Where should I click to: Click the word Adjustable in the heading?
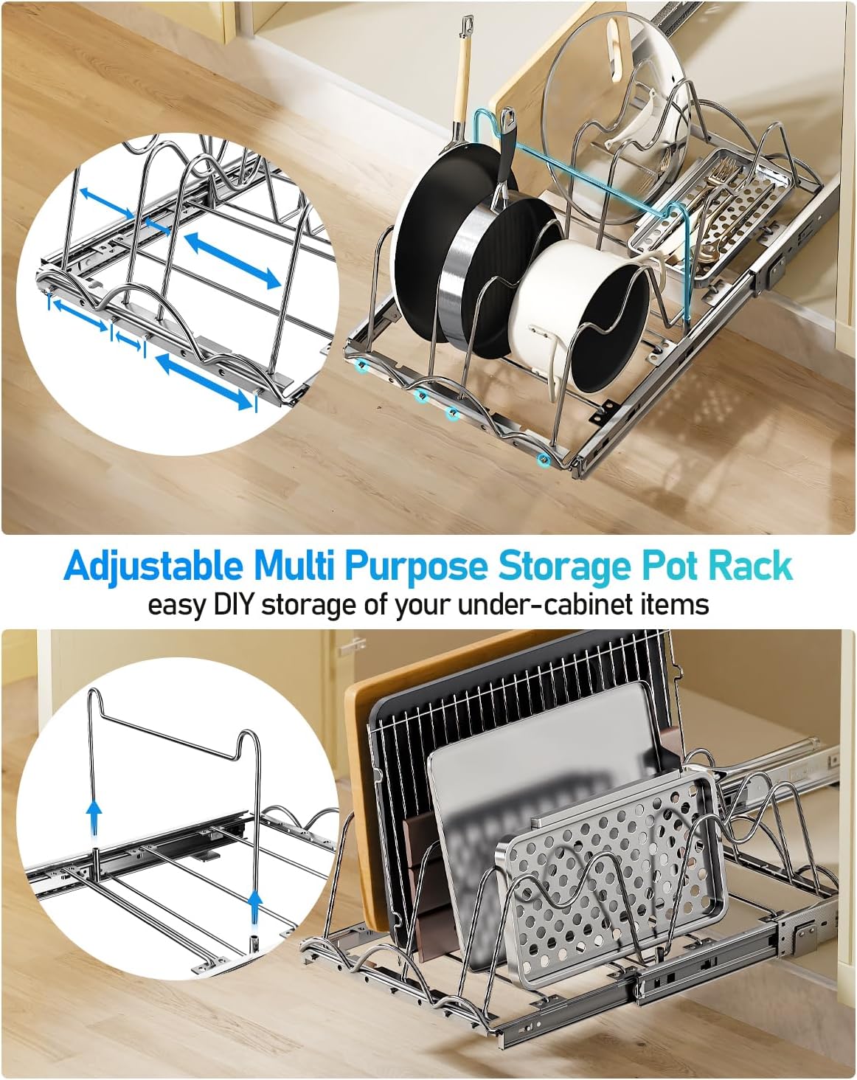[x=153, y=567]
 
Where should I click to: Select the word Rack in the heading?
[x=751, y=567]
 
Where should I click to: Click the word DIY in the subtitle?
[x=234, y=604]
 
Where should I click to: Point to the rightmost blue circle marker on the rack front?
[x=544, y=460]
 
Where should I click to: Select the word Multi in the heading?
[x=294, y=567]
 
